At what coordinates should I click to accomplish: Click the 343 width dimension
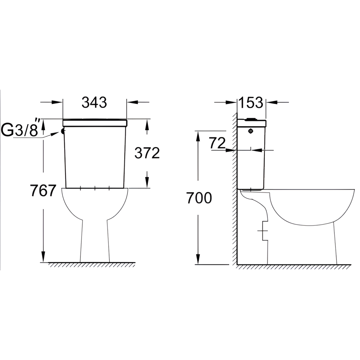pos(94,102)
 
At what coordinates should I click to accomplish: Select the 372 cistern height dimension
pos(147,153)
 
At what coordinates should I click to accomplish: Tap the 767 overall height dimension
pos(43,190)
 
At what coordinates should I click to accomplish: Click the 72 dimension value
pos(217,143)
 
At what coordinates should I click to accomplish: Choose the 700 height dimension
pos(199,198)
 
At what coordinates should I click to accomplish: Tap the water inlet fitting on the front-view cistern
pos(63,131)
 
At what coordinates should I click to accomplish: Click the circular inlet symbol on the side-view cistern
pos(251,131)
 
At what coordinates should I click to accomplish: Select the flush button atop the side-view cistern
pos(251,119)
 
